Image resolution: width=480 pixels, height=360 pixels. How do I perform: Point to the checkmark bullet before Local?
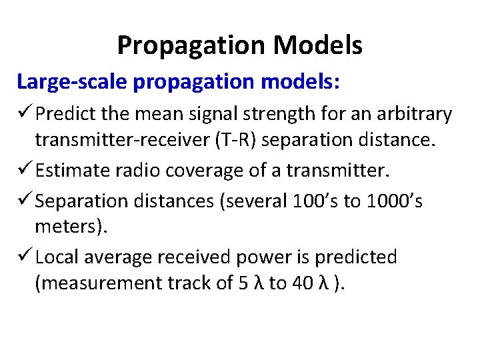(x=25, y=257)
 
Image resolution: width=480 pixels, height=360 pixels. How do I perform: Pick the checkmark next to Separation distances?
(x=25, y=201)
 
